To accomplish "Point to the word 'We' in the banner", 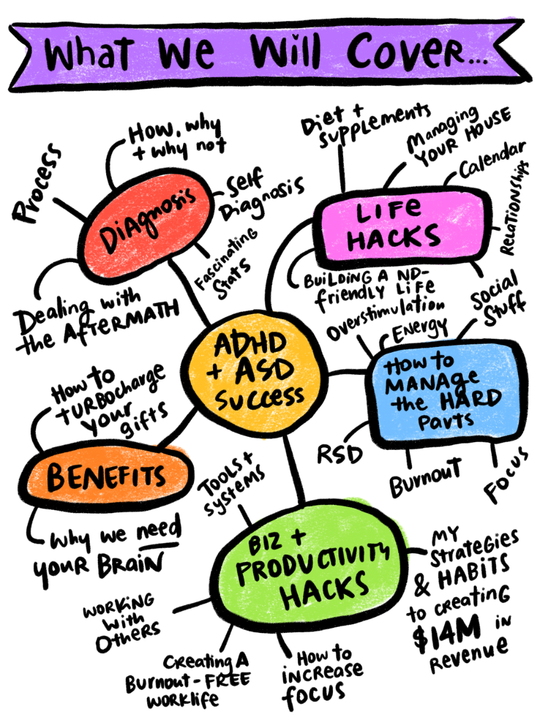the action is click(x=186, y=54).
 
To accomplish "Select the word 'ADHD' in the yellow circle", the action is click(x=251, y=345).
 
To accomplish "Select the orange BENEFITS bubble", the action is click(x=107, y=476).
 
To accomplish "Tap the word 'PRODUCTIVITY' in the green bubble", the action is click(x=312, y=564).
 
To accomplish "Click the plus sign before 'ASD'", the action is click(x=214, y=373).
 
